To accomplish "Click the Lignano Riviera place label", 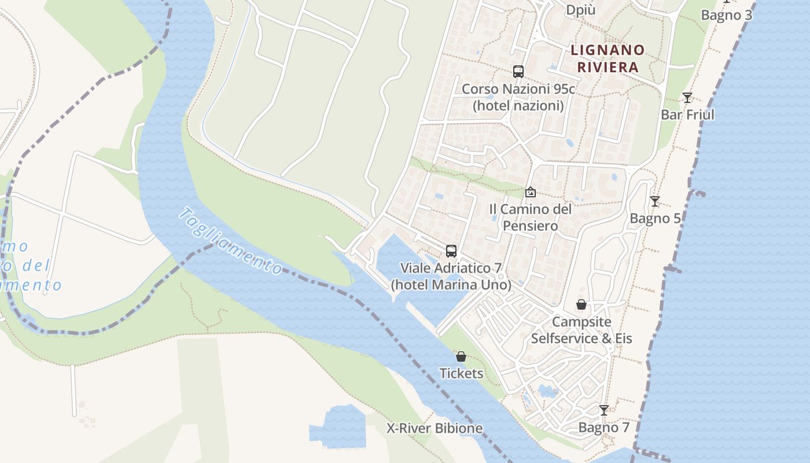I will [607, 58].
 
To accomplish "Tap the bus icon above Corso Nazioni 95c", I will [518, 72].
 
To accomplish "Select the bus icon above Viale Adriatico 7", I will [451, 251].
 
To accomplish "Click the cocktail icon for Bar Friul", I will [687, 97].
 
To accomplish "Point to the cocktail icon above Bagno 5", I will [655, 201].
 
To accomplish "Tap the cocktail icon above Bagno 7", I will [604, 410].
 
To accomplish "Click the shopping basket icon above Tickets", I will [461, 357].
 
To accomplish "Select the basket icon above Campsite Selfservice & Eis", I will [581, 304].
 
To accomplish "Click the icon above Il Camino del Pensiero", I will [530, 192].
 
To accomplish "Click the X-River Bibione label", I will [435, 428].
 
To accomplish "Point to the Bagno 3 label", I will [727, 15].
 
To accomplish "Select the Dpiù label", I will [581, 10].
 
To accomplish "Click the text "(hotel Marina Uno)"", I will [451, 285].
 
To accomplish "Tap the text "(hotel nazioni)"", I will [518, 105].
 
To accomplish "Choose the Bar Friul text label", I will [687, 115].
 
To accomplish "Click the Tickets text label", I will [461, 373].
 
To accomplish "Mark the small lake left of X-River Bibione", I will [338, 427].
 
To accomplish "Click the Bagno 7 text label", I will [604, 428].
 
